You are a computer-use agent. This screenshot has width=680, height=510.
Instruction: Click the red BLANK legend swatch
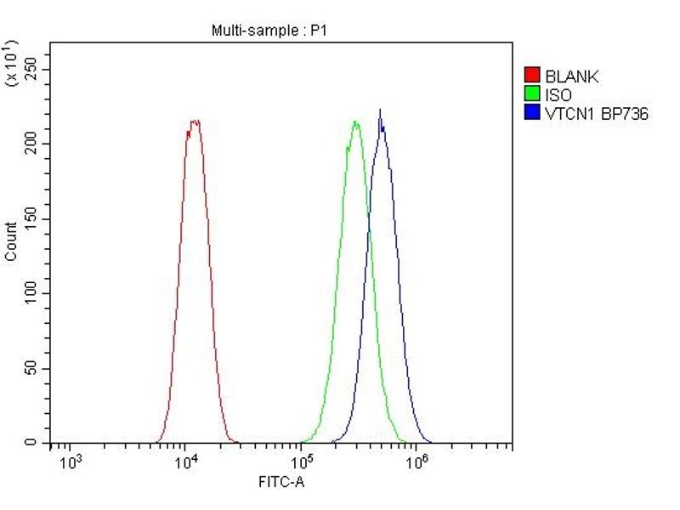(533, 76)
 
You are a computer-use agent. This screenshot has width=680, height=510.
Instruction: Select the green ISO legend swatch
(533, 94)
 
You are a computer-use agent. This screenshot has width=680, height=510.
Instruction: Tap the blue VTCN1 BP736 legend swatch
(533, 112)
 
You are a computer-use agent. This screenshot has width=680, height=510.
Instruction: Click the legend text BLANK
(572, 76)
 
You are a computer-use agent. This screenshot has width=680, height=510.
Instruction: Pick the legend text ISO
(558, 95)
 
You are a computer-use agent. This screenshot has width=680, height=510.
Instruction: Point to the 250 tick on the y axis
(32, 70)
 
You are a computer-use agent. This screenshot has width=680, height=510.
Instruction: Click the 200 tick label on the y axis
(32, 144)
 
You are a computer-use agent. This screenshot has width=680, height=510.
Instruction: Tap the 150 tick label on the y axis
(32, 218)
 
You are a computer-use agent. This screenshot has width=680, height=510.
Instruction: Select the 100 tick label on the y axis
(32, 293)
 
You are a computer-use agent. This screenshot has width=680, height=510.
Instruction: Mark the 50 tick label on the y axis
(32, 368)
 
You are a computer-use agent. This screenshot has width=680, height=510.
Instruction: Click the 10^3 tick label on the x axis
(71, 462)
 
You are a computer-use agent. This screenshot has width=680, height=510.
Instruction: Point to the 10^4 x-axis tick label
(186, 462)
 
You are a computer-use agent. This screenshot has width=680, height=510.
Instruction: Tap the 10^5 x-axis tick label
(302, 462)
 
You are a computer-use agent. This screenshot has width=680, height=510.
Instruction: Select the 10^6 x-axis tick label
(416, 462)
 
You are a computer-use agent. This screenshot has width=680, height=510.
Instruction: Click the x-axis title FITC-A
(281, 483)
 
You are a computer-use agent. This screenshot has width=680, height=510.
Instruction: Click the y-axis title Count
(11, 241)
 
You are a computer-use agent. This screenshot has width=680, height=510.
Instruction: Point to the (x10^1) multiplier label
(12, 61)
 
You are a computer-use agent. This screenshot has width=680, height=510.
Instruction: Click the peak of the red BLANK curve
(195, 122)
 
